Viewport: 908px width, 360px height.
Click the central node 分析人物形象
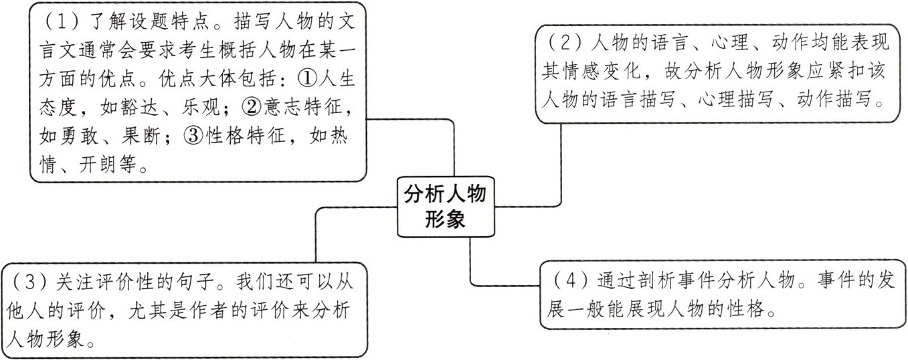(x=445, y=207)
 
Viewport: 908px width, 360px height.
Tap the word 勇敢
(x=80, y=137)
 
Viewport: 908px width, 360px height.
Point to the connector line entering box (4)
(x=509, y=285)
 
